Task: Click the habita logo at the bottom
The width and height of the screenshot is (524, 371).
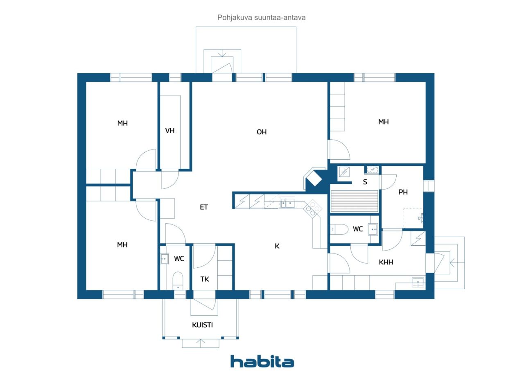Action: click(262, 362)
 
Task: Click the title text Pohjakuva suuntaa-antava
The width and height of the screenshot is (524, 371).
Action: click(261, 18)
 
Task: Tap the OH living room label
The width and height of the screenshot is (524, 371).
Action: click(262, 132)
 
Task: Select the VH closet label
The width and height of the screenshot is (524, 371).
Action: click(170, 131)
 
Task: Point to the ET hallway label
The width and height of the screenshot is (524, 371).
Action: click(204, 207)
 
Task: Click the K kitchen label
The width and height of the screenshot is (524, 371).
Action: click(277, 246)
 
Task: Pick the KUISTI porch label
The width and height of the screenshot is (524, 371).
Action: click(202, 325)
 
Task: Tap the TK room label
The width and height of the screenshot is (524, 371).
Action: click(205, 279)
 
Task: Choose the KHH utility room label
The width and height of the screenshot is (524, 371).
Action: click(386, 262)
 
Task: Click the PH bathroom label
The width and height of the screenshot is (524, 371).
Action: click(403, 192)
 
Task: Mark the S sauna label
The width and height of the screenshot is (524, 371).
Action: click(365, 182)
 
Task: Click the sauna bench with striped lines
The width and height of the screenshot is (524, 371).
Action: click(355, 201)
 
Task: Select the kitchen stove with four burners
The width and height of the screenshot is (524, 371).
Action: click(313, 207)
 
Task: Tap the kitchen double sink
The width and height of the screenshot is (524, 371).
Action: click(287, 203)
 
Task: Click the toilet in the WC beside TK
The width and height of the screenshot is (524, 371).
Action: click(178, 281)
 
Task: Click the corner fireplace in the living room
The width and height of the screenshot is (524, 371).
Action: click(314, 179)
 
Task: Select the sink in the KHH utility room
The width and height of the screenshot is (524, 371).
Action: click(418, 282)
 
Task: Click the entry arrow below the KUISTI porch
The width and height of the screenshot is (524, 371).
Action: click(201, 343)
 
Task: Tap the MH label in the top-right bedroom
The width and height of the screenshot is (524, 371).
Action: click(384, 122)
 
